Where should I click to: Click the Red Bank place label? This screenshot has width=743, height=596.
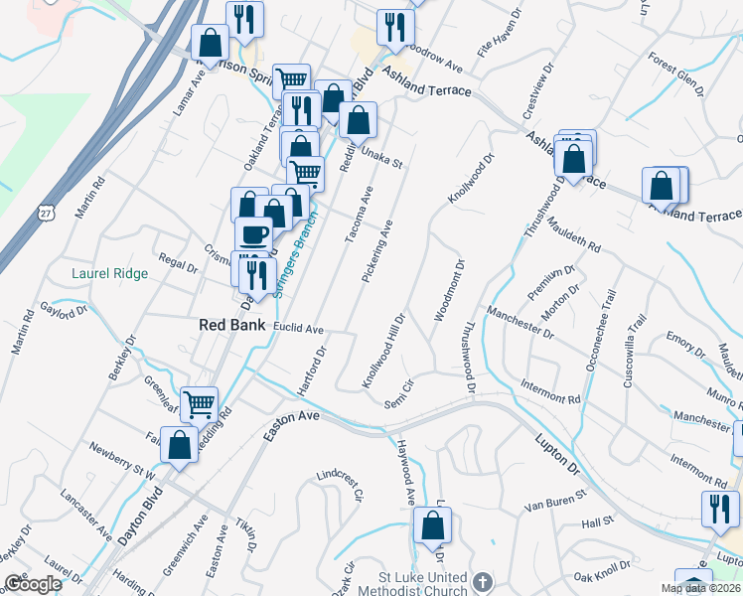[232, 325]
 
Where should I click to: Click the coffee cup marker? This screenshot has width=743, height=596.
[253, 234]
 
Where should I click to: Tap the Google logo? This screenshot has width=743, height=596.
[33, 585]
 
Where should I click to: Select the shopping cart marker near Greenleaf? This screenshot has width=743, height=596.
[200, 403]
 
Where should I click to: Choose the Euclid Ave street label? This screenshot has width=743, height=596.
[299, 329]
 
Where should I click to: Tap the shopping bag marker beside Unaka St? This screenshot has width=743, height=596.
[358, 121]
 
